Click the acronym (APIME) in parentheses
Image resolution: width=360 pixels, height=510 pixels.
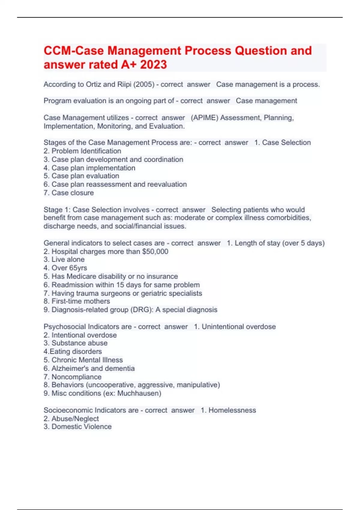coord(204,118)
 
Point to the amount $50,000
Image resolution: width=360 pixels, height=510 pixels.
coord(155,251)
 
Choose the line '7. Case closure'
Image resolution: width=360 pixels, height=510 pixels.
coord(69,193)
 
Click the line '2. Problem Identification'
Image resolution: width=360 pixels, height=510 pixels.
coord(82,151)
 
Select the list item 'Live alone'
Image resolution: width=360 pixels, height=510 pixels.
coord(68,259)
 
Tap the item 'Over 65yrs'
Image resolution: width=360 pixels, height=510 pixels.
coord(69,268)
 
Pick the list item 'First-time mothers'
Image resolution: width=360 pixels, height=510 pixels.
coord(80,301)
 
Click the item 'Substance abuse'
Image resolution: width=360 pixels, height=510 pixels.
coord(79,343)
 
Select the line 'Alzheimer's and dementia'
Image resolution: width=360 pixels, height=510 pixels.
coord(93,368)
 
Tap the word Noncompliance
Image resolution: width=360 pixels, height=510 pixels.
coord(76,377)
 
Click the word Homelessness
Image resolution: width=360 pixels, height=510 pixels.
coord(232,410)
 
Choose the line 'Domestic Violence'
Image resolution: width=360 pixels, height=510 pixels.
coord(81,427)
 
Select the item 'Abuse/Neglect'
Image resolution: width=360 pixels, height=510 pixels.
coord(75,418)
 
